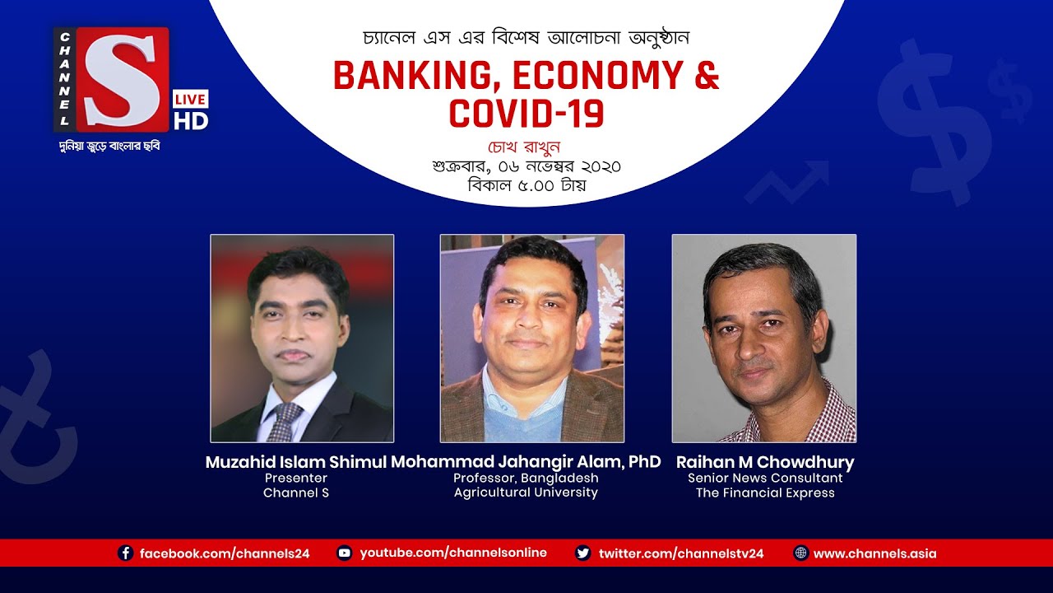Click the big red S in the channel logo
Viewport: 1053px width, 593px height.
pyautogui.click(x=121, y=79)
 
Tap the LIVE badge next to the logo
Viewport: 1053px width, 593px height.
pyautogui.click(x=190, y=99)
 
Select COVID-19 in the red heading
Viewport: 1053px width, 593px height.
pyautogui.click(x=526, y=113)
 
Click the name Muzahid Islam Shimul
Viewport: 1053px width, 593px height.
pyautogui.click(x=295, y=462)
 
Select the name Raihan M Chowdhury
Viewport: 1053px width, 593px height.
pyautogui.click(x=765, y=462)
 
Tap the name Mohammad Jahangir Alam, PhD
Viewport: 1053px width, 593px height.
pyautogui.click(x=526, y=462)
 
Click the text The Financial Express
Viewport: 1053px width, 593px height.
pyautogui.click(x=765, y=493)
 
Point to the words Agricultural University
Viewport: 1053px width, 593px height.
pyautogui.click(x=526, y=493)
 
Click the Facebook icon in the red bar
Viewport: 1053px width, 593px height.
pyautogui.click(x=126, y=553)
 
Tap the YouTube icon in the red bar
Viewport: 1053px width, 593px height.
pyautogui.click(x=345, y=553)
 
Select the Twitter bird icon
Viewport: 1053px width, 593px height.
pyautogui.click(x=582, y=553)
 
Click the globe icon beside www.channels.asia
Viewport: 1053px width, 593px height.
pyautogui.click(x=800, y=553)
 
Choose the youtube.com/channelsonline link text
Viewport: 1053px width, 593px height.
pyautogui.click(x=453, y=553)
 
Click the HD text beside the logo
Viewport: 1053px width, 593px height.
pyautogui.click(x=190, y=120)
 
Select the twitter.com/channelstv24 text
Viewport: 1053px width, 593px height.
pyautogui.click(x=681, y=553)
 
